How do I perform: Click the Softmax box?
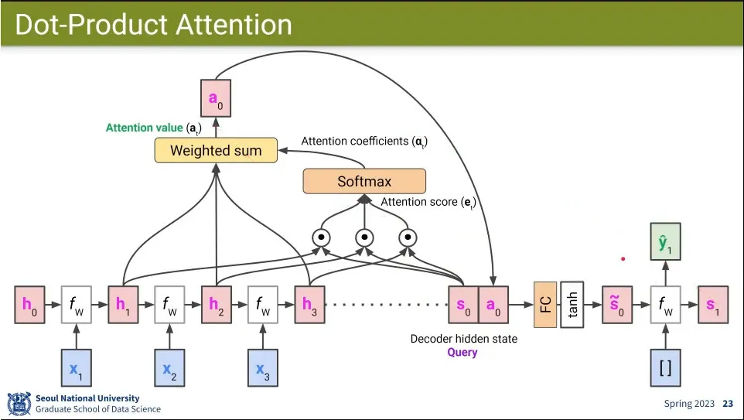[x=364, y=182]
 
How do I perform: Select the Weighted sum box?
[x=216, y=150]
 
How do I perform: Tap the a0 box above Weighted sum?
[x=215, y=98]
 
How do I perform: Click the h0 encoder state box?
[x=29, y=305]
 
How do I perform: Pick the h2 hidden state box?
[x=216, y=305]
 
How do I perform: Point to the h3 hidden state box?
[x=309, y=305]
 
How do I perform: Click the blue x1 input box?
[x=76, y=368]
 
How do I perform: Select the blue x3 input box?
[x=262, y=368]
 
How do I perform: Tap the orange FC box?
[x=545, y=305]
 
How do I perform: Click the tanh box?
[x=572, y=305]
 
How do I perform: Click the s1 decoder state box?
[x=712, y=305]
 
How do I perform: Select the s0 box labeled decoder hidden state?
[x=462, y=305]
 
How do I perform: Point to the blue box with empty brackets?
[x=664, y=368]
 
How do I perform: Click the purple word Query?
[x=462, y=353]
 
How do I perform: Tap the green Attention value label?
[x=145, y=128]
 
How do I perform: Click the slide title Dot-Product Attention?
[x=153, y=24]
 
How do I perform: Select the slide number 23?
[x=728, y=404]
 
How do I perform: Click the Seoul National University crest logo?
[x=19, y=404]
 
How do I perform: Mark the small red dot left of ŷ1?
[x=623, y=258]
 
